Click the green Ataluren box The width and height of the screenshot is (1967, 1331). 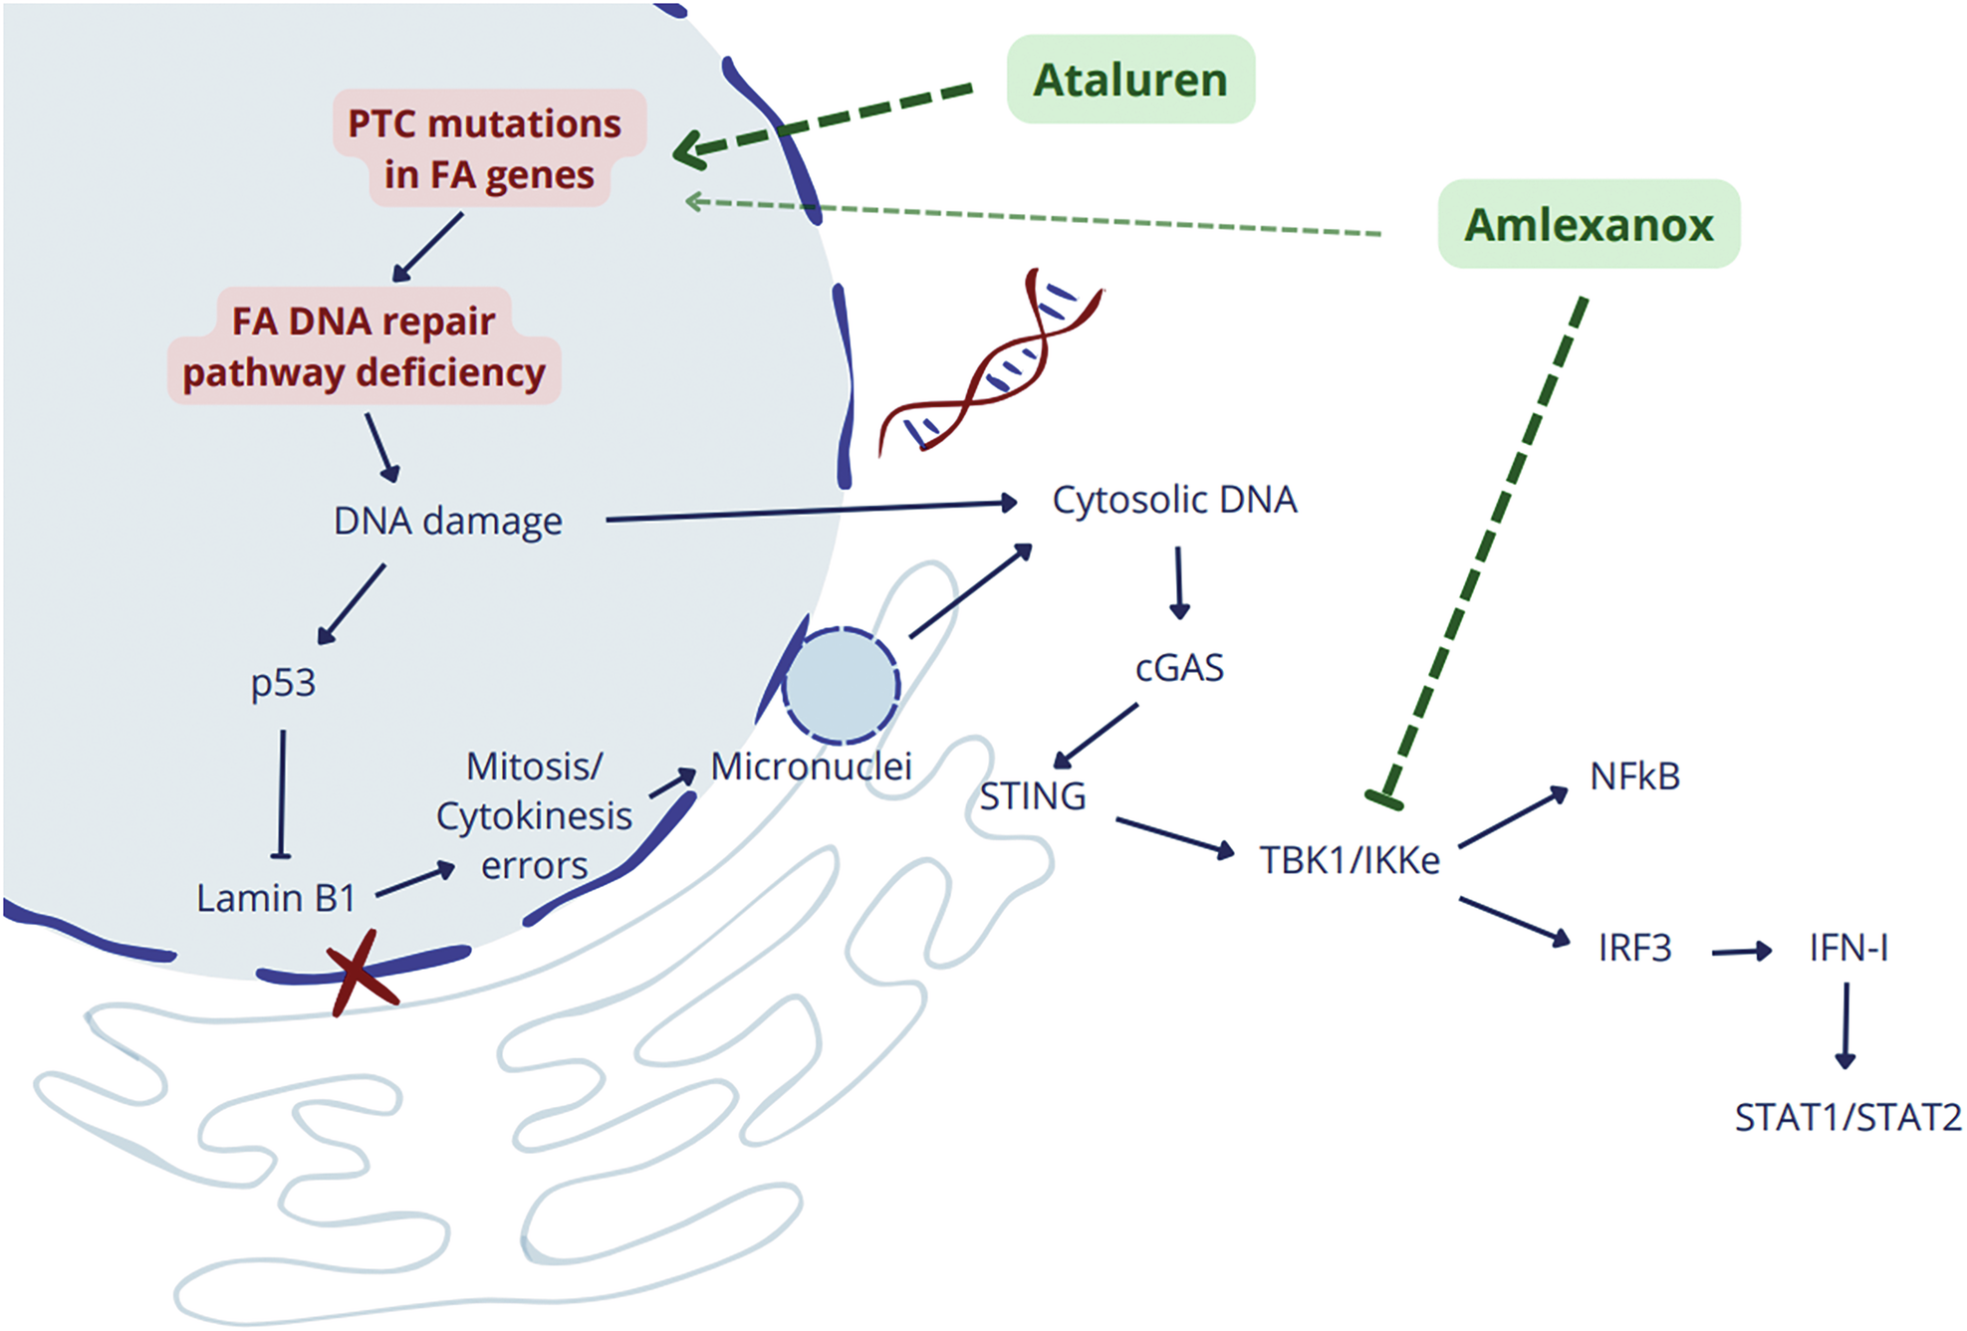tap(1130, 80)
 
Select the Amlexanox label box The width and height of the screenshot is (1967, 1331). tap(1589, 224)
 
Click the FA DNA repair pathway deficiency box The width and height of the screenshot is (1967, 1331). tap(364, 346)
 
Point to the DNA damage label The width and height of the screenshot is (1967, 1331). tap(447, 521)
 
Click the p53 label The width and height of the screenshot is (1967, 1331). tap(283, 683)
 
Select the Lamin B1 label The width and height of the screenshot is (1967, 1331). tap(276, 898)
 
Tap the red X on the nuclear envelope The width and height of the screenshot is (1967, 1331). tap(362, 973)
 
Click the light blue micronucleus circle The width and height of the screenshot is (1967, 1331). tap(842, 686)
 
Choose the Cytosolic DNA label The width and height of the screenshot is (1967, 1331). tap(1174, 500)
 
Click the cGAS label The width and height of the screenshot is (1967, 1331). tap(1179, 668)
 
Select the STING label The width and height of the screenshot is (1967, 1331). tap(1032, 796)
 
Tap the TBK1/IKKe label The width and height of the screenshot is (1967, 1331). tap(1350, 860)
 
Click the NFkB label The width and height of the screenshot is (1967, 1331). tap(1634, 776)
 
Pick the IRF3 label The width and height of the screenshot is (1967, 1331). tap(1634, 948)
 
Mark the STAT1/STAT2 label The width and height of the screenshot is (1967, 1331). tap(1847, 1117)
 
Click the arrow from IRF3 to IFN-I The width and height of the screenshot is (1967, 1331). tap(1741, 952)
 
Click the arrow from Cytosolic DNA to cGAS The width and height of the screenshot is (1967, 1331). tap(1179, 582)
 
